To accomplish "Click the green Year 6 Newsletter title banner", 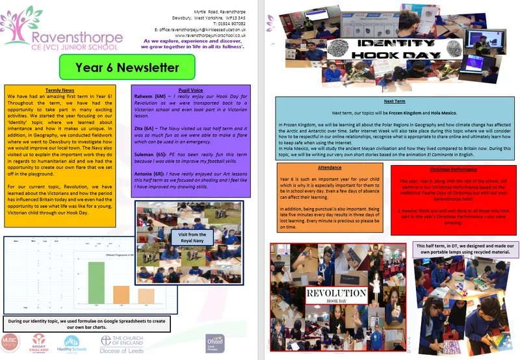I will (x=127, y=67).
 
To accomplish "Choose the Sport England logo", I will (x=40, y=342).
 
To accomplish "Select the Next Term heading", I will (x=394, y=102).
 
